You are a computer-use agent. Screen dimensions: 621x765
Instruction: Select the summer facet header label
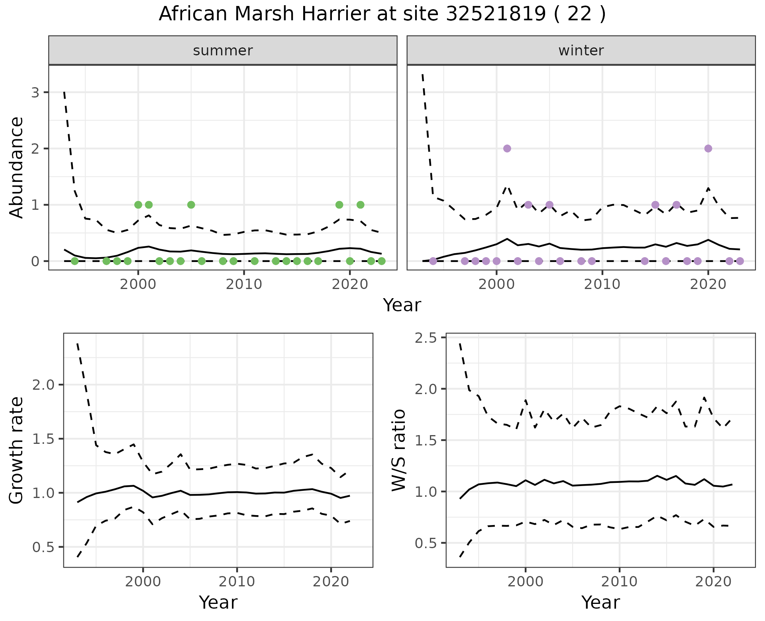223,51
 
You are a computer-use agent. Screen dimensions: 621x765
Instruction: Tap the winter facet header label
581,51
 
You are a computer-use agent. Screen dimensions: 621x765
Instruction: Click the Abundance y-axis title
16,167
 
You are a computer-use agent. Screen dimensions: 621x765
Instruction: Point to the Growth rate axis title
16,450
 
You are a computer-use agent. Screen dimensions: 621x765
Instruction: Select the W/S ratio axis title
398,450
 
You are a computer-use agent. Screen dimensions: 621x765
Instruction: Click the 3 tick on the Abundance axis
35,93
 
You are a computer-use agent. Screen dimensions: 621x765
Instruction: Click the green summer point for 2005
191,205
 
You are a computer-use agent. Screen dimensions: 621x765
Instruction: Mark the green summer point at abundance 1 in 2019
339,205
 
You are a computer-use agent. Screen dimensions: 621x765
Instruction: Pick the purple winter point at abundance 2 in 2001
507,148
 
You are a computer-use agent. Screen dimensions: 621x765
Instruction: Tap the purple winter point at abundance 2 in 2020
708,148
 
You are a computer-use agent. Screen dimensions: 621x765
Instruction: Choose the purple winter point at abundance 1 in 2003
528,205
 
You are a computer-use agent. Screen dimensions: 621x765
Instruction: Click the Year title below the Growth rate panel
218,603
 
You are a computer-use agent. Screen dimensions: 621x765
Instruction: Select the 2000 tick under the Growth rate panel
143,582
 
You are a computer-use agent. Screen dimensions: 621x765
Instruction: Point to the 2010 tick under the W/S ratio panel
619,582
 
